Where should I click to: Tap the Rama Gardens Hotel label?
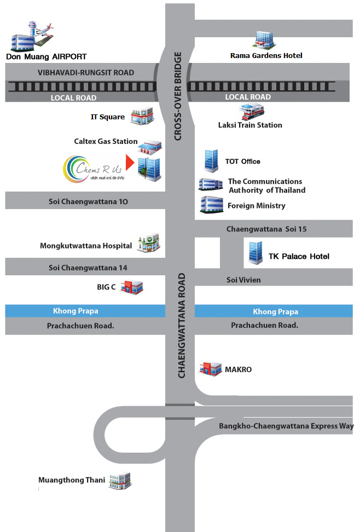tap(266, 55)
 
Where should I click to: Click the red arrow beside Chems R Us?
tap(130, 163)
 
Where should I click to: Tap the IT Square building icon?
tap(142, 115)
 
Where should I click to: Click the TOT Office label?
tap(242, 161)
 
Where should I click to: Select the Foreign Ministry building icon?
tap(211, 205)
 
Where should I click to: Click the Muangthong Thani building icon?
tap(120, 481)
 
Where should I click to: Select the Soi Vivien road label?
tap(243, 280)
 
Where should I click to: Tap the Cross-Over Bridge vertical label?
tap(177, 96)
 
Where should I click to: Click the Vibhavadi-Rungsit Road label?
tap(86, 72)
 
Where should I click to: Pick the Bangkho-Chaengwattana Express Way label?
tap(286, 426)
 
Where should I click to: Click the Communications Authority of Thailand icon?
tap(210, 184)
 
